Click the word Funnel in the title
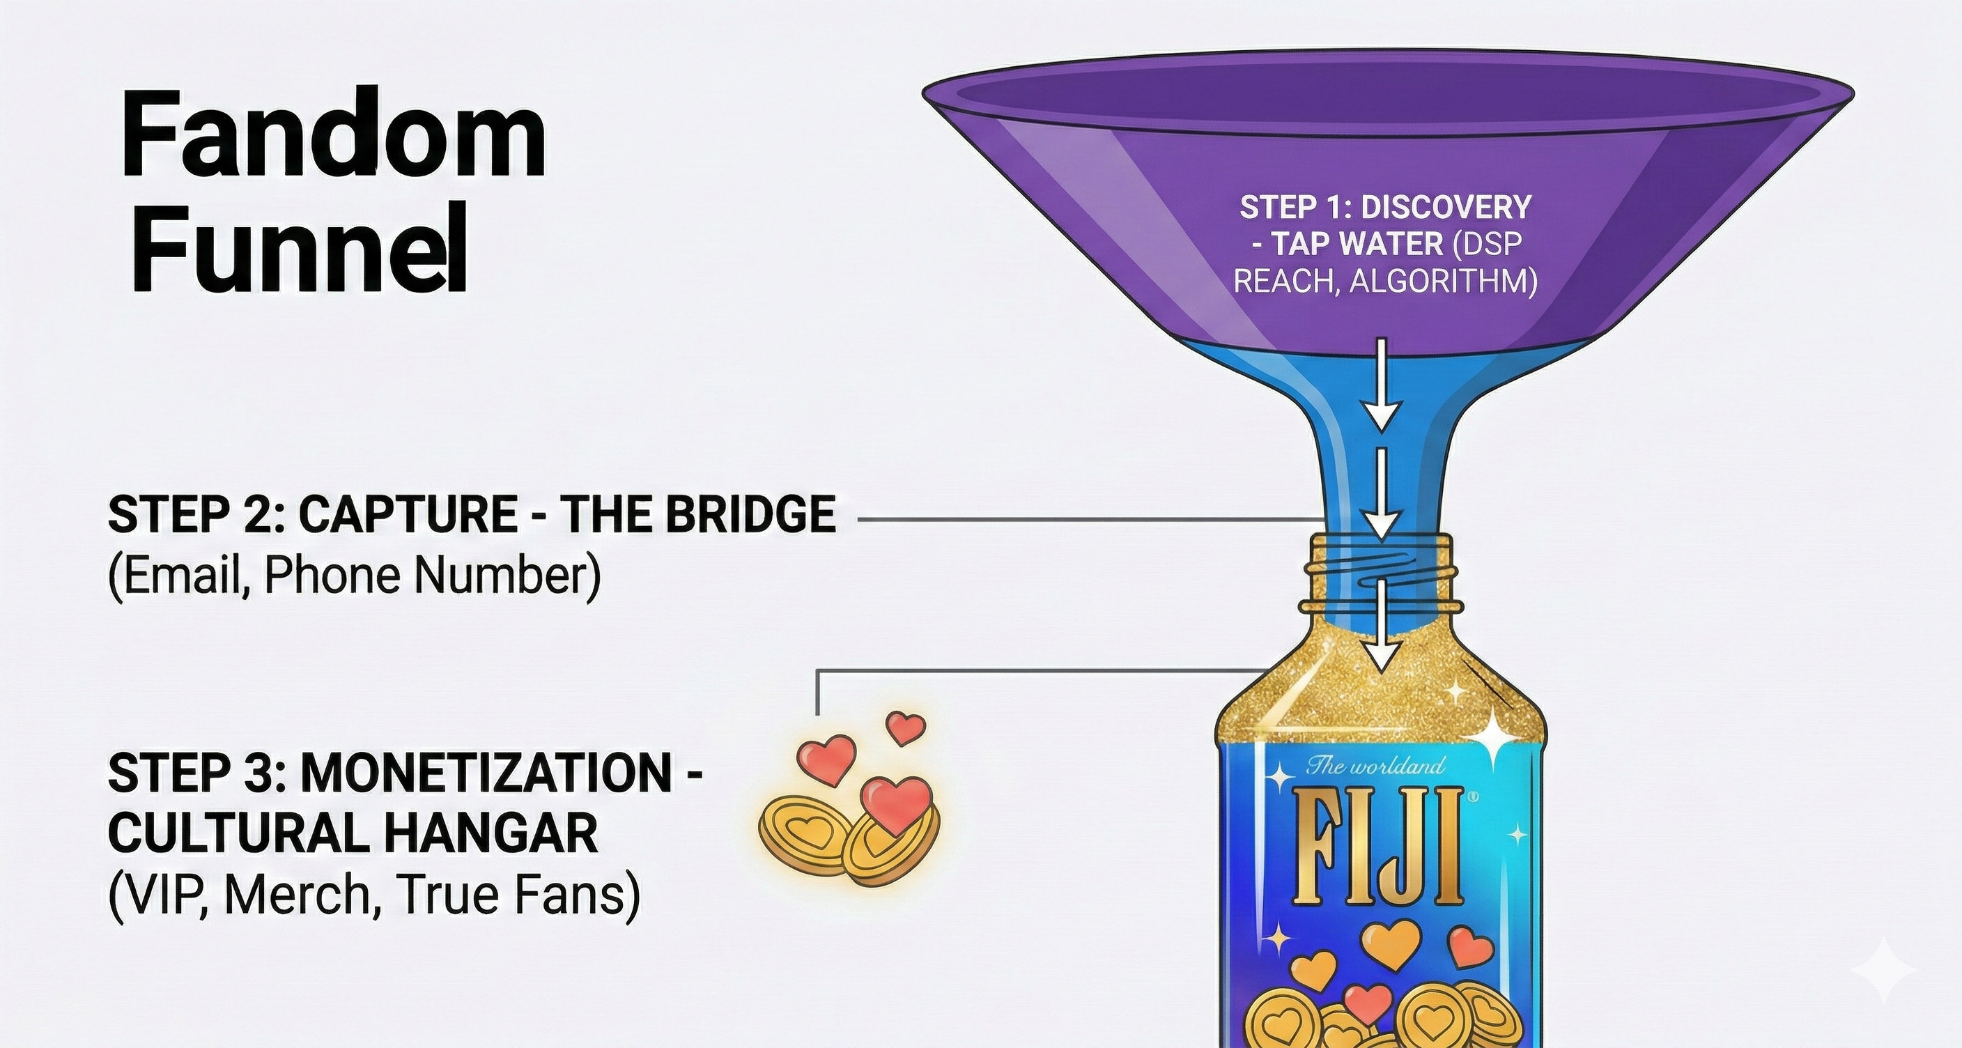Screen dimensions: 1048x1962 (299, 247)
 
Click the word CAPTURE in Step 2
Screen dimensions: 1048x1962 (408, 515)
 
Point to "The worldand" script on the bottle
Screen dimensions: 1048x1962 (1375, 765)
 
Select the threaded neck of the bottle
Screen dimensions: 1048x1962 (1380, 571)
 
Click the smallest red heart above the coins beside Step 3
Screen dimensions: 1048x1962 (906, 727)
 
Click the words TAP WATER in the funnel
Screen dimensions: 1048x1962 (1358, 245)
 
